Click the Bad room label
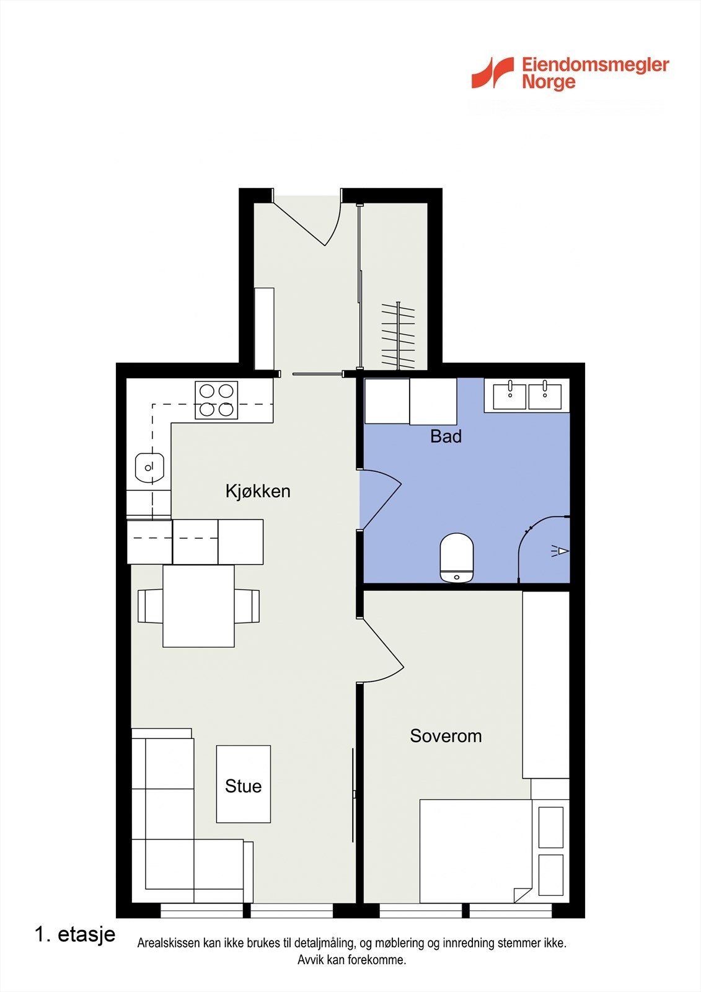[x=446, y=436]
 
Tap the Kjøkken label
[x=258, y=491]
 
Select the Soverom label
[x=446, y=736]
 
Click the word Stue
[x=243, y=786]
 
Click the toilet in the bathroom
[x=457, y=557]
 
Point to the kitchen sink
[x=149, y=467]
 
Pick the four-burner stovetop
[x=216, y=400]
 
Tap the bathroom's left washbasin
[x=510, y=396]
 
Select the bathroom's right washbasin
[x=545, y=396]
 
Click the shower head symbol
[x=561, y=551]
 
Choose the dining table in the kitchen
[x=198, y=606]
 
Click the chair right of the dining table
[x=247, y=606]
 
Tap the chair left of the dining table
[x=150, y=606]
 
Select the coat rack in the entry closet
[x=398, y=335]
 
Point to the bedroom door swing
[x=381, y=651]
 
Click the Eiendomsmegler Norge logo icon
[x=493, y=73]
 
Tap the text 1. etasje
[x=75, y=934]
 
